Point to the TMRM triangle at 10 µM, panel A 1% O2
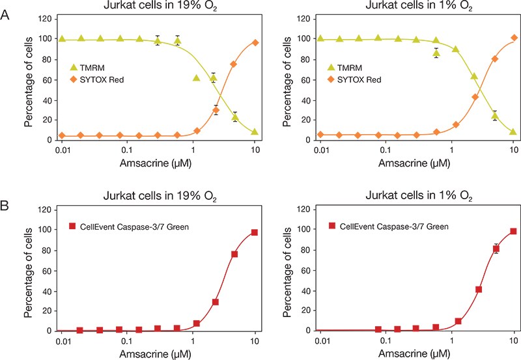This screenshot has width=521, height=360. [514, 132]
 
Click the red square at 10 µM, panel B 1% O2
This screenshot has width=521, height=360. [514, 231]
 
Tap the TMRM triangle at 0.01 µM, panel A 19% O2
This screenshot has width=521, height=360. [62, 39]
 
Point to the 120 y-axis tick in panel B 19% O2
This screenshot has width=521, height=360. [44, 210]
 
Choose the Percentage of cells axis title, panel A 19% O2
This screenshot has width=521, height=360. [29, 79]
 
